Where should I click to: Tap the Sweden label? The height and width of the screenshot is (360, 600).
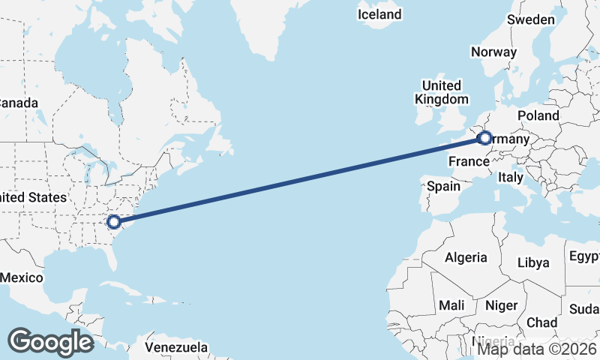pos(531,19)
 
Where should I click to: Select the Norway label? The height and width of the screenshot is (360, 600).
pos(493,52)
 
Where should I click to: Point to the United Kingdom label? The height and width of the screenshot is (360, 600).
pos(442,92)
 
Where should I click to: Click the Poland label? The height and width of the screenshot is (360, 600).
pos(538,115)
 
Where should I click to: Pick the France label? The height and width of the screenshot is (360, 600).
pos(469,161)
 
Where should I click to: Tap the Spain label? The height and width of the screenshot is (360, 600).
pos(443,185)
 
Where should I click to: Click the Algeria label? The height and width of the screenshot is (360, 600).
pos(466,257)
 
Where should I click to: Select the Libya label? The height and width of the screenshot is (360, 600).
pos(533,262)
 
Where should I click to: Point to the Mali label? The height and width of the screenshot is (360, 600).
pos(451,305)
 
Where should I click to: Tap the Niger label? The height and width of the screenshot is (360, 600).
pos(502,305)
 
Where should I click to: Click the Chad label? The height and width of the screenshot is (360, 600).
pos(541,322)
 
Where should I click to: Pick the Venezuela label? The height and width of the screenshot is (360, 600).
pos(176,348)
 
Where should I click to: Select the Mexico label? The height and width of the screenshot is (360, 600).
pos(21,277)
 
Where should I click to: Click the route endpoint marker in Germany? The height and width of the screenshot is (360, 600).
pos(484,138)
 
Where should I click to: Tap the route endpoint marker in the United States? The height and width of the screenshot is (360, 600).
pos(113,221)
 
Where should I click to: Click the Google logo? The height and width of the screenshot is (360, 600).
pos(50,342)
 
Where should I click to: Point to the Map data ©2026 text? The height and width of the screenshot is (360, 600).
pos(538,348)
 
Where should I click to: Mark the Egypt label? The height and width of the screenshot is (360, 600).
pos(584,257)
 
